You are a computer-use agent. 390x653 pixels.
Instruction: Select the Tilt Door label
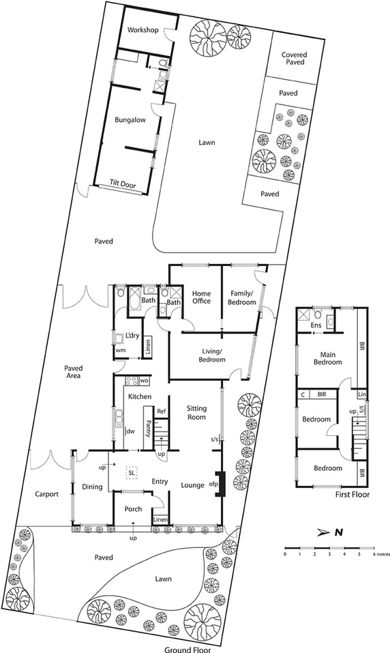123,183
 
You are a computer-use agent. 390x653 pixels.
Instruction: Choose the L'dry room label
132,335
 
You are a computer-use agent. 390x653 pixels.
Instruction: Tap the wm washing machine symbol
121,350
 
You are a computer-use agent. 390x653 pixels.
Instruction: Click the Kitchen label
138,396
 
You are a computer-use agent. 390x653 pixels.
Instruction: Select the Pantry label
148,427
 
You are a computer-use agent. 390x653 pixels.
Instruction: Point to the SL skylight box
130,472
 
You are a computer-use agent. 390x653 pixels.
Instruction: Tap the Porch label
132,510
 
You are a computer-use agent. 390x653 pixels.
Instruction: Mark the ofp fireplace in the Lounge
219,484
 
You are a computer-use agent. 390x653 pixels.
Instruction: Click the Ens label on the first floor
316,326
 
